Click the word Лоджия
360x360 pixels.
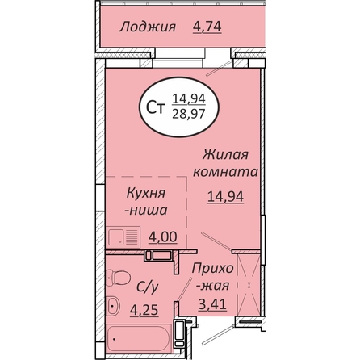pyautogui.click(x=148, y=27)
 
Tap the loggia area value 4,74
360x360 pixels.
pyautogui.click(x=207, y=27)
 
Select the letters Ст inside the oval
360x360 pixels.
pyautogui.click(x=155, y=108)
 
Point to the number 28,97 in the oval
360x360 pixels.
pyautogui.click(x=189, y=114)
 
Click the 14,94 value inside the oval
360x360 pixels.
pyautogui.click(x=189, y=98)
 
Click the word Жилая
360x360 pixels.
pyautogui.click(x=225, y=155)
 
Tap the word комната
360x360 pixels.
pyautogui.click(x=225, y=172)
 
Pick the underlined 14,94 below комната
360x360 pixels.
pyautogui.click(x=225, y=197)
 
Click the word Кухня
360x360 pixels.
pyautogui.click(x=146, y=194)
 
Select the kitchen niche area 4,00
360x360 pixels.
pyautogui.click(x=163, y=237)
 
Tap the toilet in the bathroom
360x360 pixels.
pyautogui.click(x=119, y=277)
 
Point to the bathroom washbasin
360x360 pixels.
pyautogui.click(x=113, y=306)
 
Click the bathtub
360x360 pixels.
pyautogui.click(x=139, y=339)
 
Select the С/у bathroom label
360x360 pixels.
pyautogui.click(x=147, y=287)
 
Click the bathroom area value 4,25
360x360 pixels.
pyautogui.click(x=144, y=311)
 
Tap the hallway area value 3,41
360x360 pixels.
pyautogui.click(x=212, y=305)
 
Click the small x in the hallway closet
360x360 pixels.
pyautogui.click(x=249, y=284)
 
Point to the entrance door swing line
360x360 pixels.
pyautogui.click(x=218, y=335)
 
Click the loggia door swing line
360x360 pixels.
pyautogui.click(x=219, y=69)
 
